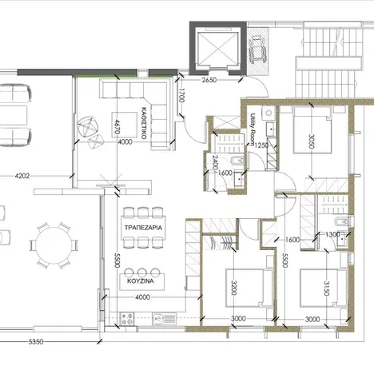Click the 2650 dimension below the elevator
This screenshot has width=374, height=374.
[x=210, y=81]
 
